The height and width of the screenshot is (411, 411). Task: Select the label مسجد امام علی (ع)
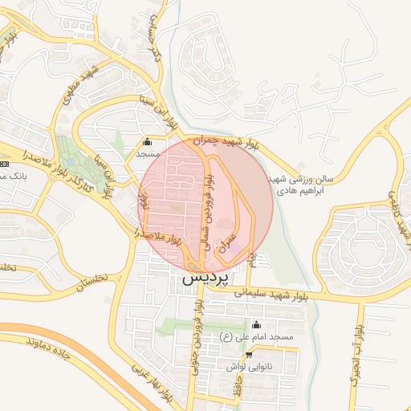point(254,337)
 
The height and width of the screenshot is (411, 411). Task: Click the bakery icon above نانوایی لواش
point(249,354)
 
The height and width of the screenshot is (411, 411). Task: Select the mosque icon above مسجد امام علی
point(255,325)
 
